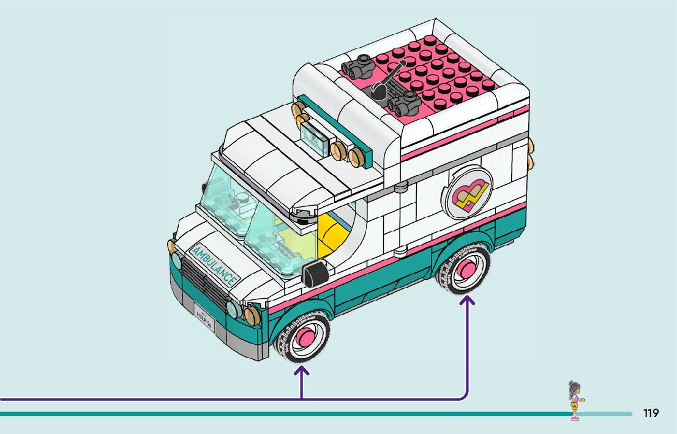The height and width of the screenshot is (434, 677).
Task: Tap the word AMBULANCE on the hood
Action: pos(214,265)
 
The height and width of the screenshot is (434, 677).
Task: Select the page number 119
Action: pos(651,413)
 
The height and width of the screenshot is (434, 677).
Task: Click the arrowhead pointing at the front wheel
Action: pos(301,371)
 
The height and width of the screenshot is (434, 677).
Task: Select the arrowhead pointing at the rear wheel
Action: pos(468,301)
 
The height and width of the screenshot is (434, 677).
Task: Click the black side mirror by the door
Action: pos(313,273)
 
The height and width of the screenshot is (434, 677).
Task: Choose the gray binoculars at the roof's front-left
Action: pos(358,65)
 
